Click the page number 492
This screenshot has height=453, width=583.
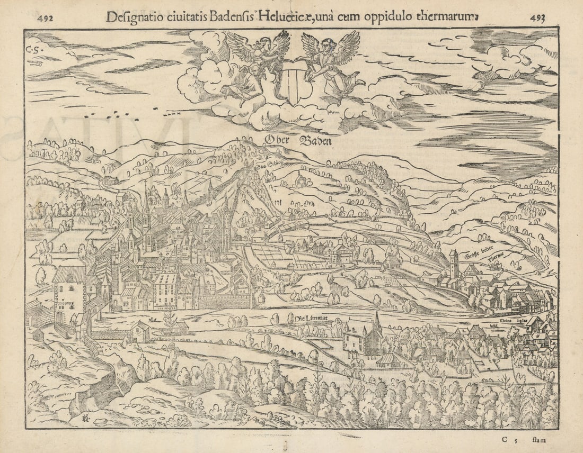45,17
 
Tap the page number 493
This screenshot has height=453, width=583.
537,17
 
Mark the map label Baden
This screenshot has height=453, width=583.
316,141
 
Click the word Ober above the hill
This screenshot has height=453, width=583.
277,140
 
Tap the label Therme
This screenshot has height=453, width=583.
496,257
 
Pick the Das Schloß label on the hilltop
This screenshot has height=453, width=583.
265,166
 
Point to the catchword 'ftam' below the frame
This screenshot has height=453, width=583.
538,439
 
